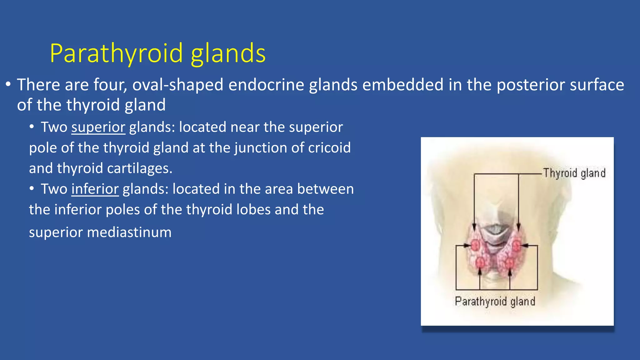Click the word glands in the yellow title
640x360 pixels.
pos(228,53)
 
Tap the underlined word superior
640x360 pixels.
pos(98,127)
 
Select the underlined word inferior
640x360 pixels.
pos(95,189)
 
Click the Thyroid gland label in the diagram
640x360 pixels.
pos(574,173)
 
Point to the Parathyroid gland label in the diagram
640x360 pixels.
pos(495,301)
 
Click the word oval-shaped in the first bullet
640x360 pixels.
pos(177,85)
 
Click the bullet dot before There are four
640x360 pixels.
pos(8,85)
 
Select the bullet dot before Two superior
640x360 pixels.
pos(32,127)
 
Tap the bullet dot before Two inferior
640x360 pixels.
pos(32,189)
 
